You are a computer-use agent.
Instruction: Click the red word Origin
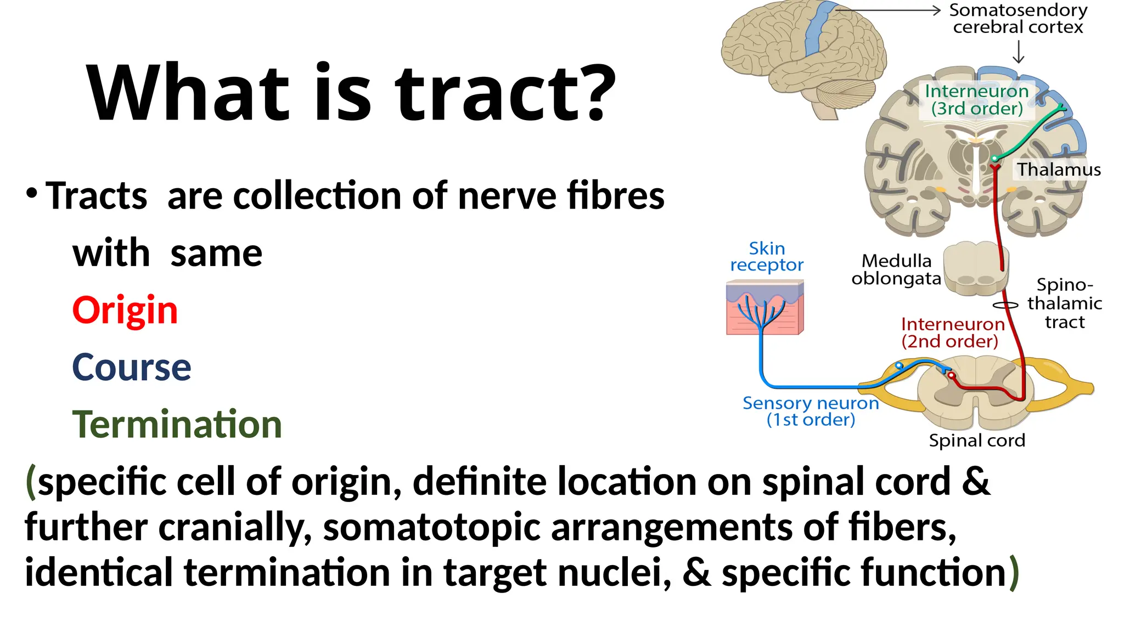click(125, 311)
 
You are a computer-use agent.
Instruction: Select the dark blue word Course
click(132, 367)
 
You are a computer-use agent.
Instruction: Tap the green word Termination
click(177, 425)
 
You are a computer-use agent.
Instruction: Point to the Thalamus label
click(1059, 170)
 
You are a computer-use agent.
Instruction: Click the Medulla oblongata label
click(896, 269)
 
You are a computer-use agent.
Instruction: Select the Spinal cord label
click(976, 441)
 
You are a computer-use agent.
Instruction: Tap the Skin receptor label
click(767, 256)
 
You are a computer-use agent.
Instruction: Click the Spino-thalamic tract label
click(1064, 303)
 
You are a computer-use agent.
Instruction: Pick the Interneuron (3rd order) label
click(976, 99)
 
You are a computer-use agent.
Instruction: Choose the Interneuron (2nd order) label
click(952, 332)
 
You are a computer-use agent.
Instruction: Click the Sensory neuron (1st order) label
click(811, 411)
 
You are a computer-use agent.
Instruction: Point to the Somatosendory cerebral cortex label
click(1018, 19)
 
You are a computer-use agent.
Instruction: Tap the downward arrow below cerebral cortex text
click(1019, 53)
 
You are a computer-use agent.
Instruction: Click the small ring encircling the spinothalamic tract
click(1005, 306)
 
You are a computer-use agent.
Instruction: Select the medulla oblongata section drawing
click(975, 269)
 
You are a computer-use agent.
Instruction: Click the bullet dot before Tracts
click(32, 193)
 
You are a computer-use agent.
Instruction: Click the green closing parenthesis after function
click(1014, 572)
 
